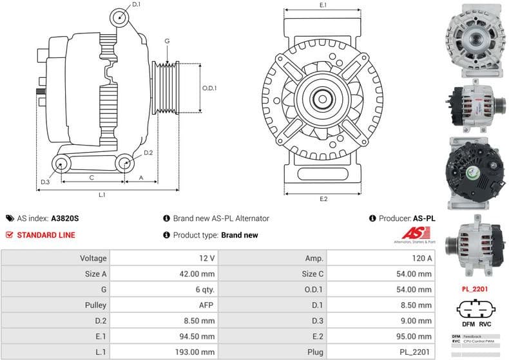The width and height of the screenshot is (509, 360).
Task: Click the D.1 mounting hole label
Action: coord(135,5)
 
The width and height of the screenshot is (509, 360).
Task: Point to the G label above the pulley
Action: coord(167,41)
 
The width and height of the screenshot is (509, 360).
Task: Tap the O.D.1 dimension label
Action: coord(209,88)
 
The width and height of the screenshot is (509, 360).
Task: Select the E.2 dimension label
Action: coord(323,199)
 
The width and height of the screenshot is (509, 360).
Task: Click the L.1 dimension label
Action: coord(102,194)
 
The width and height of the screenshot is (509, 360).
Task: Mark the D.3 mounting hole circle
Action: coord(61,164)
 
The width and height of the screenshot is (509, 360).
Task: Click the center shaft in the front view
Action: coord(323,100)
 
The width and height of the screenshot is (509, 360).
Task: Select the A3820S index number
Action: coord(65,218)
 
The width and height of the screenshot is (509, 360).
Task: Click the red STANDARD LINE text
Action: coord(45,235)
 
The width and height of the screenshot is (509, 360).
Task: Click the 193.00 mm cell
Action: coord(198,352)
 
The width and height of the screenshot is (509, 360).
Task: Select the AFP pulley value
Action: coord(206,305)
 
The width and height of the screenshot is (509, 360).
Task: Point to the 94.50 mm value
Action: coord(198,336)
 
